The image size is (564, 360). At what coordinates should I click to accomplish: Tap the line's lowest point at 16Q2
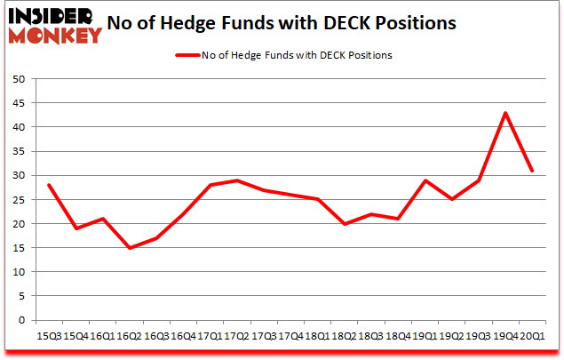(131, 248)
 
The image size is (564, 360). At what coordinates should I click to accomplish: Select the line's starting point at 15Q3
(49, 185)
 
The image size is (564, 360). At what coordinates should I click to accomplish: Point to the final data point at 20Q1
(532, 171)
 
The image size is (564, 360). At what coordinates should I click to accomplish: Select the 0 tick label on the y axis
(20, 320)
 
